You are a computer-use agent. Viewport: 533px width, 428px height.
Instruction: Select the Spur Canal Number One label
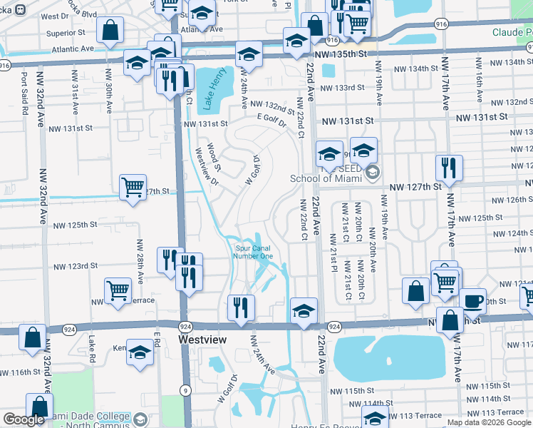[254, 253]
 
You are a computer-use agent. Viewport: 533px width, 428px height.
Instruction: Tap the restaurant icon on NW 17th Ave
[449, 168]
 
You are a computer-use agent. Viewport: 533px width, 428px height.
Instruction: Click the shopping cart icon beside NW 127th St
[133, 188]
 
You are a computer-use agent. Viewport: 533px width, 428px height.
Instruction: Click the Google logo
[24, 420]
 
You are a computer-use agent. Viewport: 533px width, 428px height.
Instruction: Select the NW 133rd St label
[342, 88]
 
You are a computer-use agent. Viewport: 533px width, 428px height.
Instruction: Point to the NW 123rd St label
[78, 266]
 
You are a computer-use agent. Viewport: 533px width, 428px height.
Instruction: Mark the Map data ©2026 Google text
[489, 422]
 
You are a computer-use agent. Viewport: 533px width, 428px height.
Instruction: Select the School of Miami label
[326, 178]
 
